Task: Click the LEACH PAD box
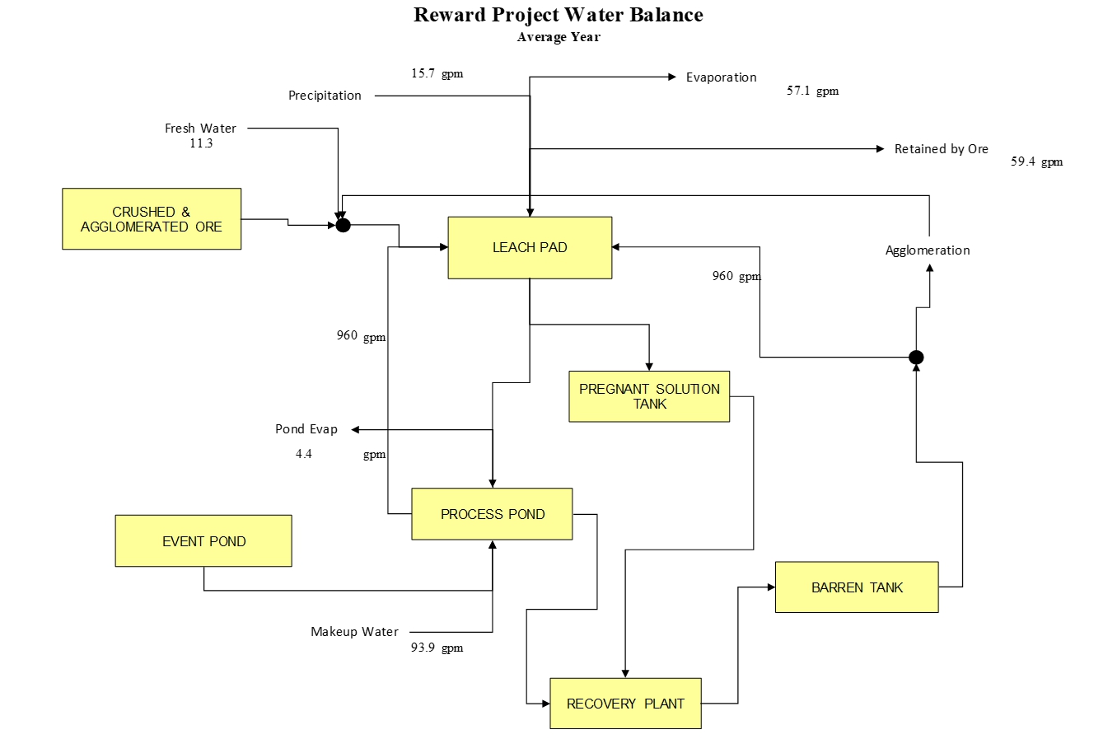pos(530,247)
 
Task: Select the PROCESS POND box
pos(492,514)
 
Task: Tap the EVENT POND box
pos(203,541)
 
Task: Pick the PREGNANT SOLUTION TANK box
pos(649,396)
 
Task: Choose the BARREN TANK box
pos(857,587)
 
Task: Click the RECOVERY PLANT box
pos(625,704)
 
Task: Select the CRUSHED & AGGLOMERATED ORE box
pos(152,219)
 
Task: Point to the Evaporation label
pos(721,77)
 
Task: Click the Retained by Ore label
pos(941,149)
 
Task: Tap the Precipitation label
pos(325,96)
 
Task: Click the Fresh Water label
pos(200,129)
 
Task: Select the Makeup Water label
pos(354,632)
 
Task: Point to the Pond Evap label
pos(306,429)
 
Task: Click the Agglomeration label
pos(928,250)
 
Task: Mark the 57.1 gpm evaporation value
pos(812,91)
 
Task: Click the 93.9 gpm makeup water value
pos(437,648)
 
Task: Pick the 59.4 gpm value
pos(1036,161)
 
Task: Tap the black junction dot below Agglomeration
pos(916,358)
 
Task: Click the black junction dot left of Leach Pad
pos(344,225)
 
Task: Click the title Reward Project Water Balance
pos(558,15)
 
